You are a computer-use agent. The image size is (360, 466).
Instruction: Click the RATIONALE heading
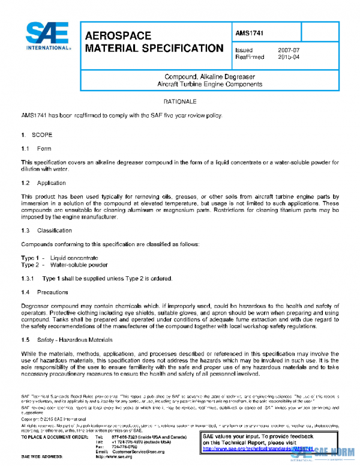(180, 101)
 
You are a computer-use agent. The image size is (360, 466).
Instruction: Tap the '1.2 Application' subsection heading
(43, 183)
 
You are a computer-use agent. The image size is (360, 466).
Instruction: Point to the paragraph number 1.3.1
(29, 278)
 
